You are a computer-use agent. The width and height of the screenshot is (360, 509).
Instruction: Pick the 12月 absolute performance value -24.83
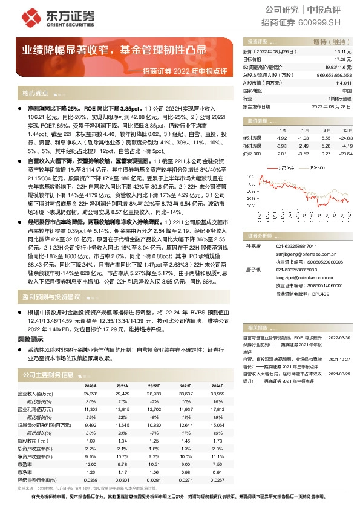(x=344, y=137)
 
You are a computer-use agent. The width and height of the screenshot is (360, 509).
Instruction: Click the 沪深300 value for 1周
(x=281, y=154)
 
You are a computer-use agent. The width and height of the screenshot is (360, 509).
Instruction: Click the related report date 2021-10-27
(x=339, y=358)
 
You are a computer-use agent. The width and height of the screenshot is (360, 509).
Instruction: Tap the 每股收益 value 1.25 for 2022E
(x=154, y=441)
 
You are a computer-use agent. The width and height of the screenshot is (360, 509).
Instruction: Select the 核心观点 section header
(x=35, y=93)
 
